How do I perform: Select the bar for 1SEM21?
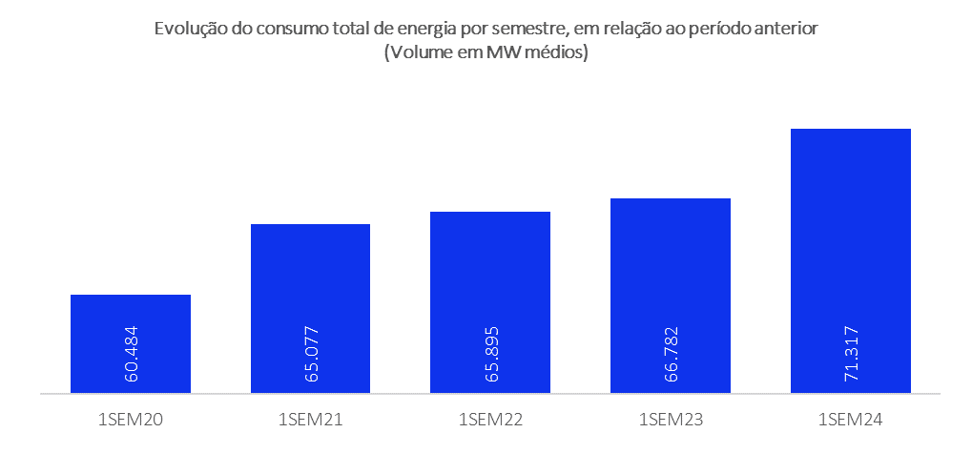310,286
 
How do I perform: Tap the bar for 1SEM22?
490,277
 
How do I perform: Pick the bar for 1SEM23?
670,272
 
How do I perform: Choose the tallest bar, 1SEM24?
850,238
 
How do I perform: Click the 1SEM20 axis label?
131,420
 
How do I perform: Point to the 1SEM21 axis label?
310,420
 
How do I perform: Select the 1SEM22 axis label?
490,420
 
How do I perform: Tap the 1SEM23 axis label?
670,420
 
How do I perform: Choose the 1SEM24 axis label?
850,420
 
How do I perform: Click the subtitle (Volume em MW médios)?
486,53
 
